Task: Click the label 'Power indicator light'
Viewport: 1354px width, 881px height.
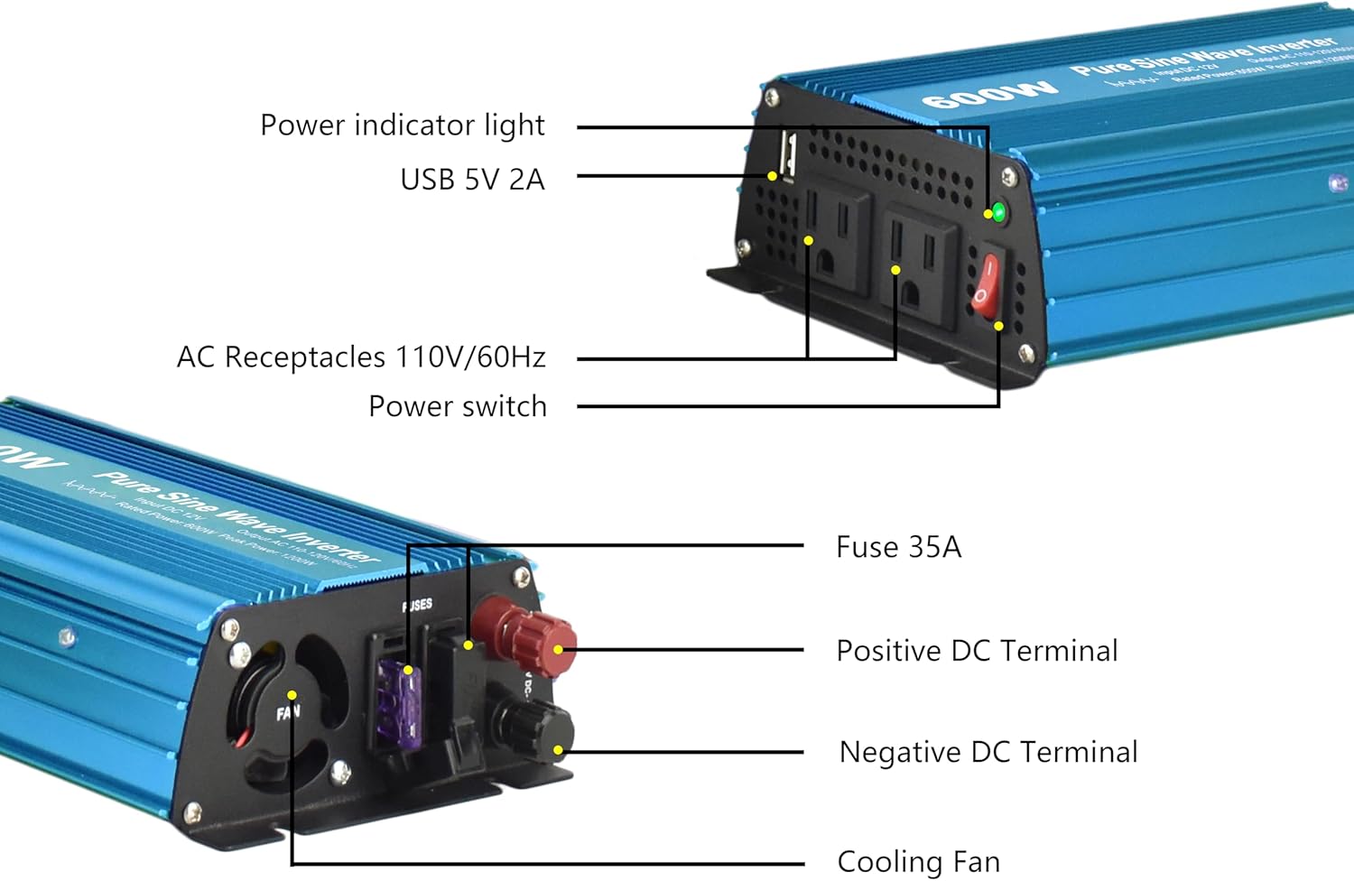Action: click(x=402, y=125)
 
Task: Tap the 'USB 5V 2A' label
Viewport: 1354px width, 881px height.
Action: click(x=472, y=180)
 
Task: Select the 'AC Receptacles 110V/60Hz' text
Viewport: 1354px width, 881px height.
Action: click(x=361, y=357)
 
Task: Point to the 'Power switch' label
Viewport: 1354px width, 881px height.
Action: click(x=458, y=406)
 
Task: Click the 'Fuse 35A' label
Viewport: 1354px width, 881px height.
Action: click(x=898, y=547)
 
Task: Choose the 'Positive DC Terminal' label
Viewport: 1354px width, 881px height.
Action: click(x=977, y=651)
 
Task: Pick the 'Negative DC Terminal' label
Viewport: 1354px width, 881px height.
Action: click(x=988, y=752)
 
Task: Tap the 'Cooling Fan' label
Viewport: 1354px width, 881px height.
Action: click(x=918, y=861)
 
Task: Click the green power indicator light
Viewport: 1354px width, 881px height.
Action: click(x=998, y=213)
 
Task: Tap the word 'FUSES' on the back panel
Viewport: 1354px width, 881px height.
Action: click(x=417, y=605)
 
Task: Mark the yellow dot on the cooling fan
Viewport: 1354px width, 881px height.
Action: click(x=292, y=695)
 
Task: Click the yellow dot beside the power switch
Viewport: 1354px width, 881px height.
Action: click(x=998, y=326)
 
